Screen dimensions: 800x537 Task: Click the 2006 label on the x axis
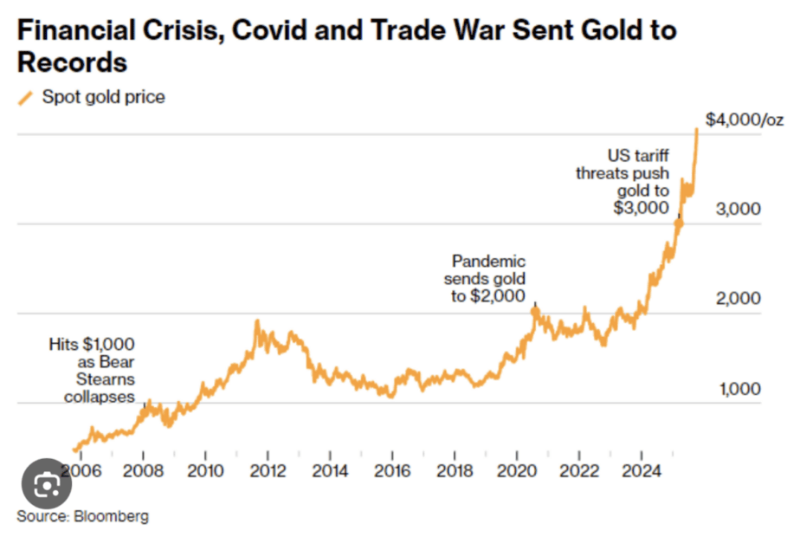click(x=81, y=470)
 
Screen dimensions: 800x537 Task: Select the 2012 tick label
click(x=268, y=470)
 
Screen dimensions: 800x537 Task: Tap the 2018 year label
click(x=455, y=470)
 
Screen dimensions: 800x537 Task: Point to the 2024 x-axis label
click(x=642, y=470)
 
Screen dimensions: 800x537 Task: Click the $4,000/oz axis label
click(x=745, y=120)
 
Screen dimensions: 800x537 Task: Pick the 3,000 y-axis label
click(x=738, y=208)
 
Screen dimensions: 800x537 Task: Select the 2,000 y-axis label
click(x=738, y=298)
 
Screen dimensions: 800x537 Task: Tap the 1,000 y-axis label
click(x=739, y=389)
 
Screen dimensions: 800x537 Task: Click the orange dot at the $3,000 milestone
click(x=678, y=223)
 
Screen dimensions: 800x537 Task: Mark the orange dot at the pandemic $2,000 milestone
click(x=535, y=311)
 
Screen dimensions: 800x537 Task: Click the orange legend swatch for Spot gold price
click(x=25, y=98)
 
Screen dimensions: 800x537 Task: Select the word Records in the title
click(x=72, y=62)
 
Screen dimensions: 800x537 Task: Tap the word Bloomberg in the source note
click(x=111, y=516)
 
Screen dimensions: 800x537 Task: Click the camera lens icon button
click(x=47, y=484)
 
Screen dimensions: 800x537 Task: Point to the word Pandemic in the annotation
click(x=488, y=262)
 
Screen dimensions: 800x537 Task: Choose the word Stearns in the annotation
click(x=106, y=379)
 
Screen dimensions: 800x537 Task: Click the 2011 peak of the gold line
click(x=257, y=321)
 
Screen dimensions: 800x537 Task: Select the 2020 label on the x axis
click(x=517, y=470)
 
